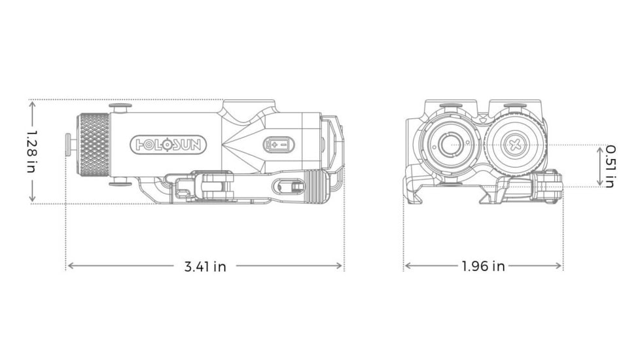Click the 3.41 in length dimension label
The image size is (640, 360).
(x=205, y=266)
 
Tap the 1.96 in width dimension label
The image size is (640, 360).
(x=483, y=266)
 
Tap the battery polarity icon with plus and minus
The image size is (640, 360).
(x=279, y=144)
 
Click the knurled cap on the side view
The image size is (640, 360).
(x=94, y=145)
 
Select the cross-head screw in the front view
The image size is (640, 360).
(x=516, y=144)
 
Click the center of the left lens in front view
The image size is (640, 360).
(x=450, y=144)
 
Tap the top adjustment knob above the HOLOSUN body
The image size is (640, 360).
(x=120, y=107)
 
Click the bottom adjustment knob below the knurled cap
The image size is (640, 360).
(x=120, y=183)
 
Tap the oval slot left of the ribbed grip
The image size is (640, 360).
(x=288, y=187)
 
